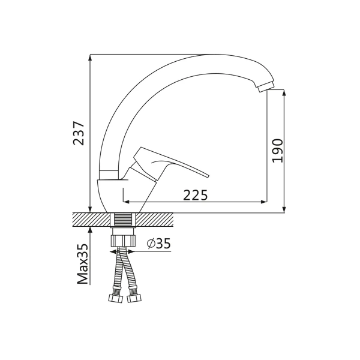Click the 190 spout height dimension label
pos(277,151)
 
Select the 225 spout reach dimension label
pos(195,196)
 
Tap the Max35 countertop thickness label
pos(83,264)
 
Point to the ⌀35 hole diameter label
pos(159,244)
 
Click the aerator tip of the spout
pos(266,87)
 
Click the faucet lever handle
pos(170,163)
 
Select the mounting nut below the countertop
pos(123,241)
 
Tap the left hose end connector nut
pos(115,298)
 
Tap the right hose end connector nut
pos(134,298)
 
